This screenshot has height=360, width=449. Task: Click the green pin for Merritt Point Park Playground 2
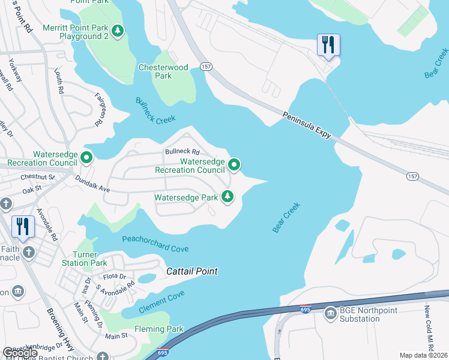(118, 30)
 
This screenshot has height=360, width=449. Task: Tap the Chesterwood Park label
(163, 71)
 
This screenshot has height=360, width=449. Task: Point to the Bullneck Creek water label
(155, 111)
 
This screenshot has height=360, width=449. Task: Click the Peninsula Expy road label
(307, 125)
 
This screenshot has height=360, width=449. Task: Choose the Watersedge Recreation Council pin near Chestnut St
(86, 158)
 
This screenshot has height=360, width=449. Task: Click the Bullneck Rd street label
(182, 152)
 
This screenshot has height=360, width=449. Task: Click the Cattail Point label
(191, 272)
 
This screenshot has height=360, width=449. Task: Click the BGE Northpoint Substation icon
(330, 314)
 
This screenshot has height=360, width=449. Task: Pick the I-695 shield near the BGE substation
(305, 309)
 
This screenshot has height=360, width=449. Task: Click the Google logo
(20, 353)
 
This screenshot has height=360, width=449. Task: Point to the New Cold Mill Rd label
(428, 321)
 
